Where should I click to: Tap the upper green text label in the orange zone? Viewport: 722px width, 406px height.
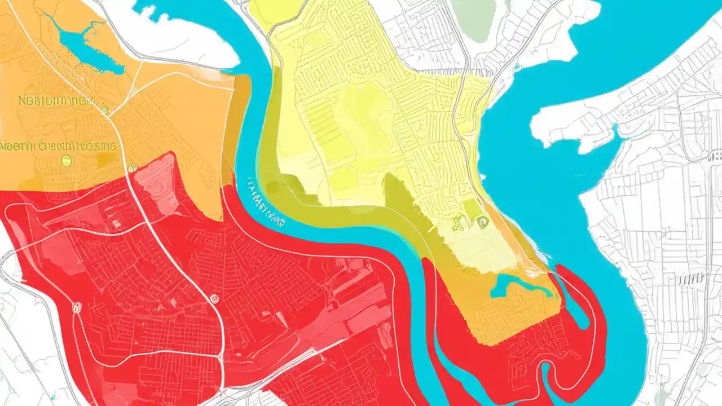(54, 101)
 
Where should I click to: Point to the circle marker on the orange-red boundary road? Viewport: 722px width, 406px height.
(132, 167)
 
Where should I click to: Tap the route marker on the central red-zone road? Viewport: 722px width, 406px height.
(214, 299)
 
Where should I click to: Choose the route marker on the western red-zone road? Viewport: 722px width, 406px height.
(77, 307)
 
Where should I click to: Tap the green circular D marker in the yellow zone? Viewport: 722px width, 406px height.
(482, 222)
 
